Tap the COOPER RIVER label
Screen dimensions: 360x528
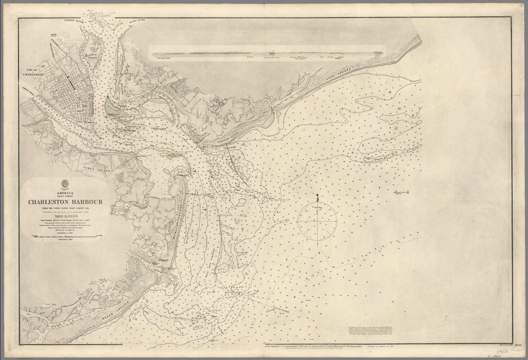click(73, 21)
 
